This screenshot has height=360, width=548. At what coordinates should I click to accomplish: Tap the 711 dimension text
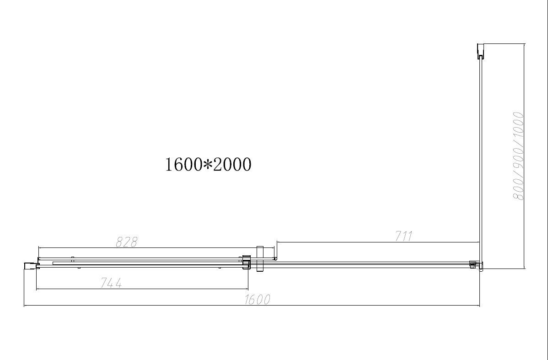(x=404, y=236)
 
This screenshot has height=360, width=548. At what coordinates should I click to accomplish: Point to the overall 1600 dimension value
(x=258, y=300)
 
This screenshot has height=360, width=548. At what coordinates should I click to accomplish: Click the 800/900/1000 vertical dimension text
(x=518, y=156)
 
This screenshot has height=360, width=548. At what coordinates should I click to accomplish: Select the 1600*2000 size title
(x=208, y=164)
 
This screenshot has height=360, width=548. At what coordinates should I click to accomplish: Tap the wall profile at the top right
(x=480, y=51)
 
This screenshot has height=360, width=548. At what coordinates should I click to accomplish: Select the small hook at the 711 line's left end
(x=275, y=259)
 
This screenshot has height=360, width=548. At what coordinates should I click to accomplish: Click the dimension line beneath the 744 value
(x=142, y=289)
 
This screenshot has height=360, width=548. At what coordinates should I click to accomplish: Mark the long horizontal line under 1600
(x=252, y=306)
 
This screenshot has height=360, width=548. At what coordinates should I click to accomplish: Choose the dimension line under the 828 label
(x=156, y=247)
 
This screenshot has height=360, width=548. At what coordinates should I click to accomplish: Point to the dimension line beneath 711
(x=377, y=242)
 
